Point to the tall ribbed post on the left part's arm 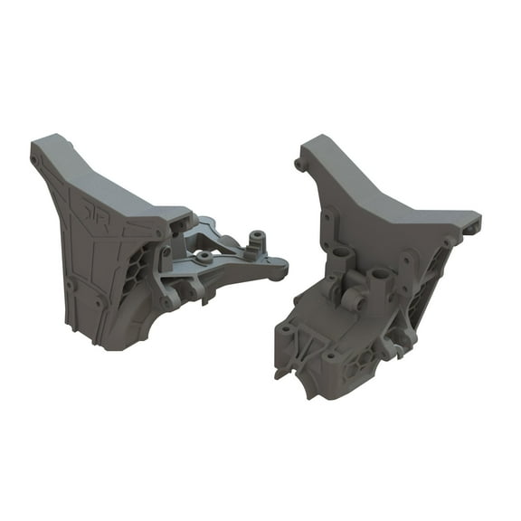point(256,240)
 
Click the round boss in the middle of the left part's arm point(205,258)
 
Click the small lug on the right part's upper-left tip point(299,165)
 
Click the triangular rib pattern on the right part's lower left point(303,345)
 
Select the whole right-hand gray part point(380,271)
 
